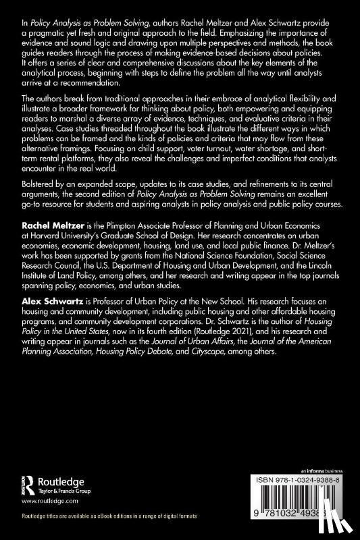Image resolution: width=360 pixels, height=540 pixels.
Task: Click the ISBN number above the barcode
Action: pyautogui.click(x=304, y=475)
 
